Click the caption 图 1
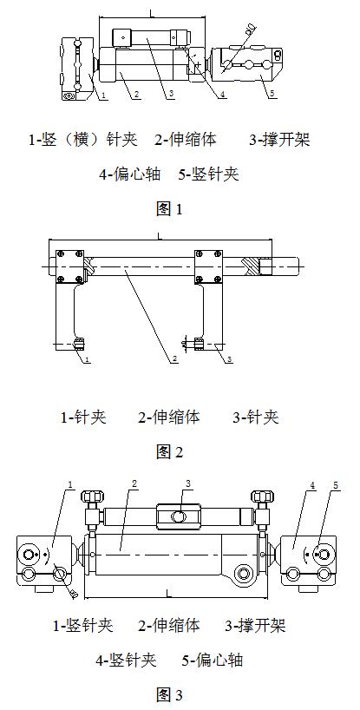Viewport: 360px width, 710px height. click(x=169, y=208)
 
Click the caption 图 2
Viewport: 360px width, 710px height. click(x=169, y=451)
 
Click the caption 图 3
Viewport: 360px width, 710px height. click(x=169, y=694)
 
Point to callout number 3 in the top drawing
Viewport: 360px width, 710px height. click(x=171, y=94)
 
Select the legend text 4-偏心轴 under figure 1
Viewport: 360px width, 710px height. click(x=131, y=174)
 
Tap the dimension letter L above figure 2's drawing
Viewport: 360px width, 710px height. click(x=159, y=234)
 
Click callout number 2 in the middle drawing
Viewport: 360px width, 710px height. click(x=174, y=358)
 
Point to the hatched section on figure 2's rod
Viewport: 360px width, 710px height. click(x=250, y=266)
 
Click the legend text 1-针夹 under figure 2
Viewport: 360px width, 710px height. click(x=83, y=417)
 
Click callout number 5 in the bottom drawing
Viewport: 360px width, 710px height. click(x=336, y=484)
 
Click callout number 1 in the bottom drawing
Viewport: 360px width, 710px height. click(x=69, y=484)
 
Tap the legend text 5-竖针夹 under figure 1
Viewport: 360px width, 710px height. click(x=208, y=174)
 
